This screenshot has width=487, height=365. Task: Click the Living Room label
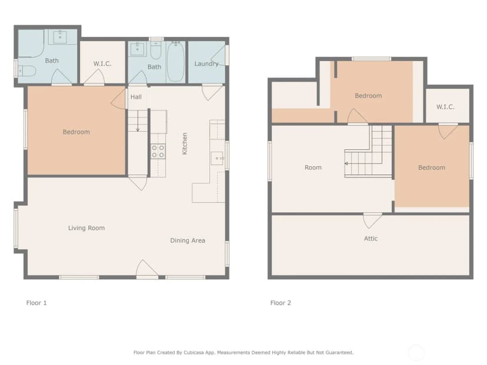click(x=86, y=228)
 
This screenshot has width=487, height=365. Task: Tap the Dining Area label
click(x=188, y=240)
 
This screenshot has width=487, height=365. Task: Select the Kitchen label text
click(x=185, y=143)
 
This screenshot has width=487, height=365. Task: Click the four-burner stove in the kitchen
click(x=158, y=151)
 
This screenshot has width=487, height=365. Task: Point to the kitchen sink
click(x=217, y=158)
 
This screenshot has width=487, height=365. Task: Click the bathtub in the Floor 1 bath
click(x=175, y=62)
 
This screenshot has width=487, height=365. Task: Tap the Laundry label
click(x=206, y=63)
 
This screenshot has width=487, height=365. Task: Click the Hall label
click(x=136, y=97)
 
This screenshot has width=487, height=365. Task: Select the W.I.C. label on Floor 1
click(x=102, y=63)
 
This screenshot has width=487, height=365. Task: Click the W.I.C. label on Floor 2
click(x=445, y=107)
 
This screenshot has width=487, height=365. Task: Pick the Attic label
click(x=371, y=239)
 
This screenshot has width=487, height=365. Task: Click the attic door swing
click(x=372, y=220)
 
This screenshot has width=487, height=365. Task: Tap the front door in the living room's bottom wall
click(x=147, y=268)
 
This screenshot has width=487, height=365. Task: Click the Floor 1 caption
click(x=36, y=303)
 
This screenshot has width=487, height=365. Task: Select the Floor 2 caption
click(x=281, y=303)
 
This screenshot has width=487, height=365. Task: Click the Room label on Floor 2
click(x=313, y=168)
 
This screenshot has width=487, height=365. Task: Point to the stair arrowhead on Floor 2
click(x=346, y=163)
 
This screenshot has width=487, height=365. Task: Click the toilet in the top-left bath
click(x=27, y=71)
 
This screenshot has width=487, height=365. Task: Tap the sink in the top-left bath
click(x=60, y=37)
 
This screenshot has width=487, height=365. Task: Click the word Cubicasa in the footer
click(x=195, y=353)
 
